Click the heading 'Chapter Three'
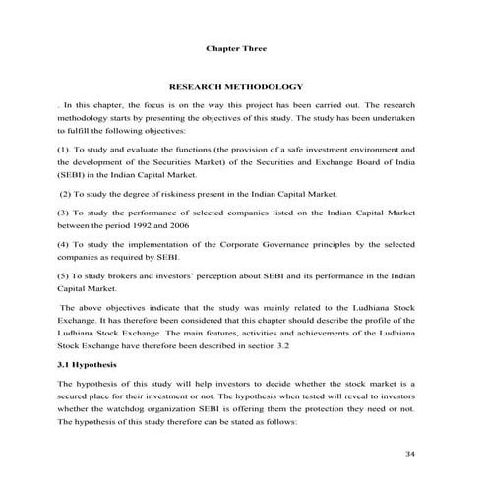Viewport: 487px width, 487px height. pyautogui.click(x=235, y=48)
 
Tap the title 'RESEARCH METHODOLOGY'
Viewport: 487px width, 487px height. pyautogui.click(x=236, y=87)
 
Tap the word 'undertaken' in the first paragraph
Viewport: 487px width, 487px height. pyautogui.click(x=393, y=118)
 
